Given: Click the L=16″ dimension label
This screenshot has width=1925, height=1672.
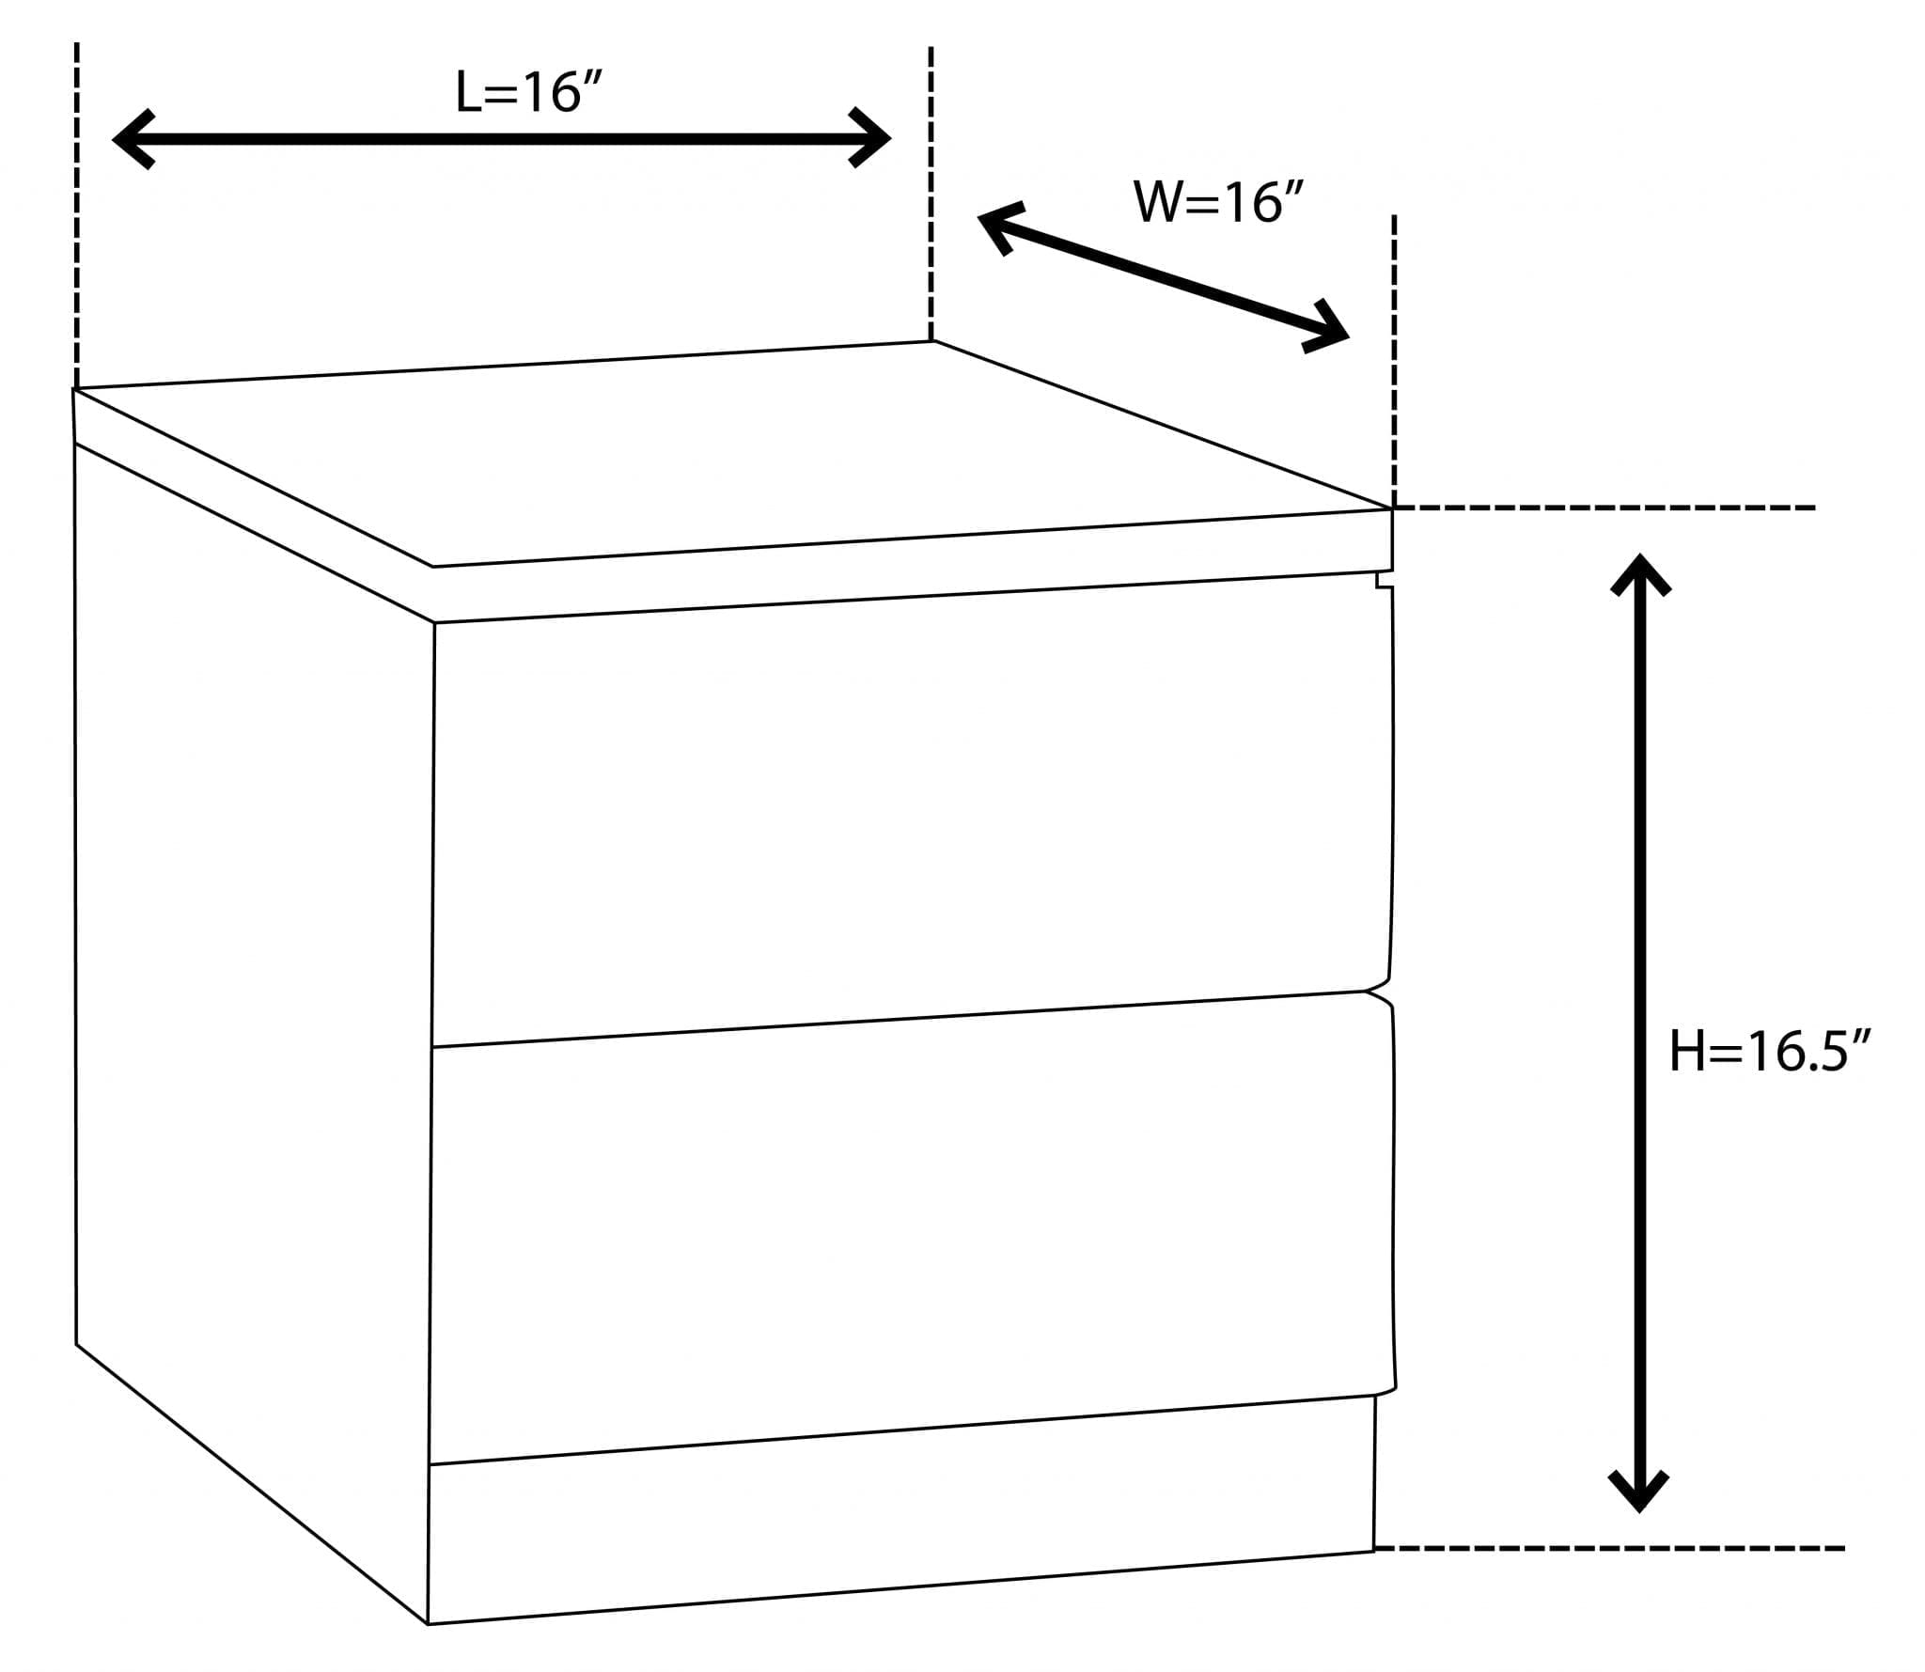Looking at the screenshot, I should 527,93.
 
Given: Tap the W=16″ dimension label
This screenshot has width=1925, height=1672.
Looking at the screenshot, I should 1219,202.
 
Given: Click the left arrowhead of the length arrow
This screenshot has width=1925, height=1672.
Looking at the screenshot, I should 132,139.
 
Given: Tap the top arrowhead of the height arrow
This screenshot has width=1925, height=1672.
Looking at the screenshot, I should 1640,573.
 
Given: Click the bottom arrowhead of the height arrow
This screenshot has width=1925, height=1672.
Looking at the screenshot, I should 1639,1492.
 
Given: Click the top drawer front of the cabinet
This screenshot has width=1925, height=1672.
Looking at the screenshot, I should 912,808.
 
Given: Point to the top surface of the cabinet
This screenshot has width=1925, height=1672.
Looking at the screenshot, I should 733,451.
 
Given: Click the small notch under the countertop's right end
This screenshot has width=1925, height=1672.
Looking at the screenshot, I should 1384,579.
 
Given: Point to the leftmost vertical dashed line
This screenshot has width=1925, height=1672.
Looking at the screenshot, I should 77,216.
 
